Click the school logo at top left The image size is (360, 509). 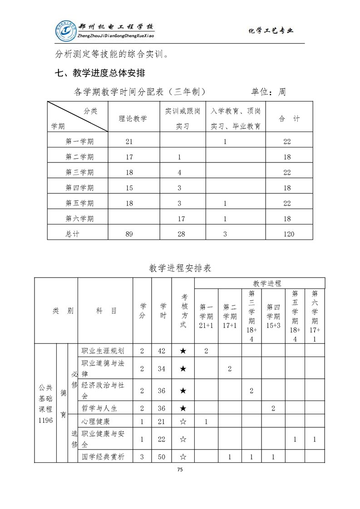[66, 30]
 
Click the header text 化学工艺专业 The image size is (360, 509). [271, 31]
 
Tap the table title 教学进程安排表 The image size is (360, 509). [180, 268]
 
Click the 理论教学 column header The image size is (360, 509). [133, 118]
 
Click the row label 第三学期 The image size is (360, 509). [79, 172]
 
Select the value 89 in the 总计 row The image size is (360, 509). [129, 234]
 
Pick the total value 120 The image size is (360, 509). [287, 234]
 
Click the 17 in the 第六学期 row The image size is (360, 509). [181, 219]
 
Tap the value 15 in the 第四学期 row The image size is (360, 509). [129, 188]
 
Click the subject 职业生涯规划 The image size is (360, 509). [103, 351]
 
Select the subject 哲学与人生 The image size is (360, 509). [99, 408]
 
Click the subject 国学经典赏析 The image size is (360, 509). [103, 457]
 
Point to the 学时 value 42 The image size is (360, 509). [161, 351]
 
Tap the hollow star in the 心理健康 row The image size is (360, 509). [183, 421]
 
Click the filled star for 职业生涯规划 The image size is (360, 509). [183, 351]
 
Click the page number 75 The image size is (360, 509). [180, 470]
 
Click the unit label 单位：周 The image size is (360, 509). [268, 92]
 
